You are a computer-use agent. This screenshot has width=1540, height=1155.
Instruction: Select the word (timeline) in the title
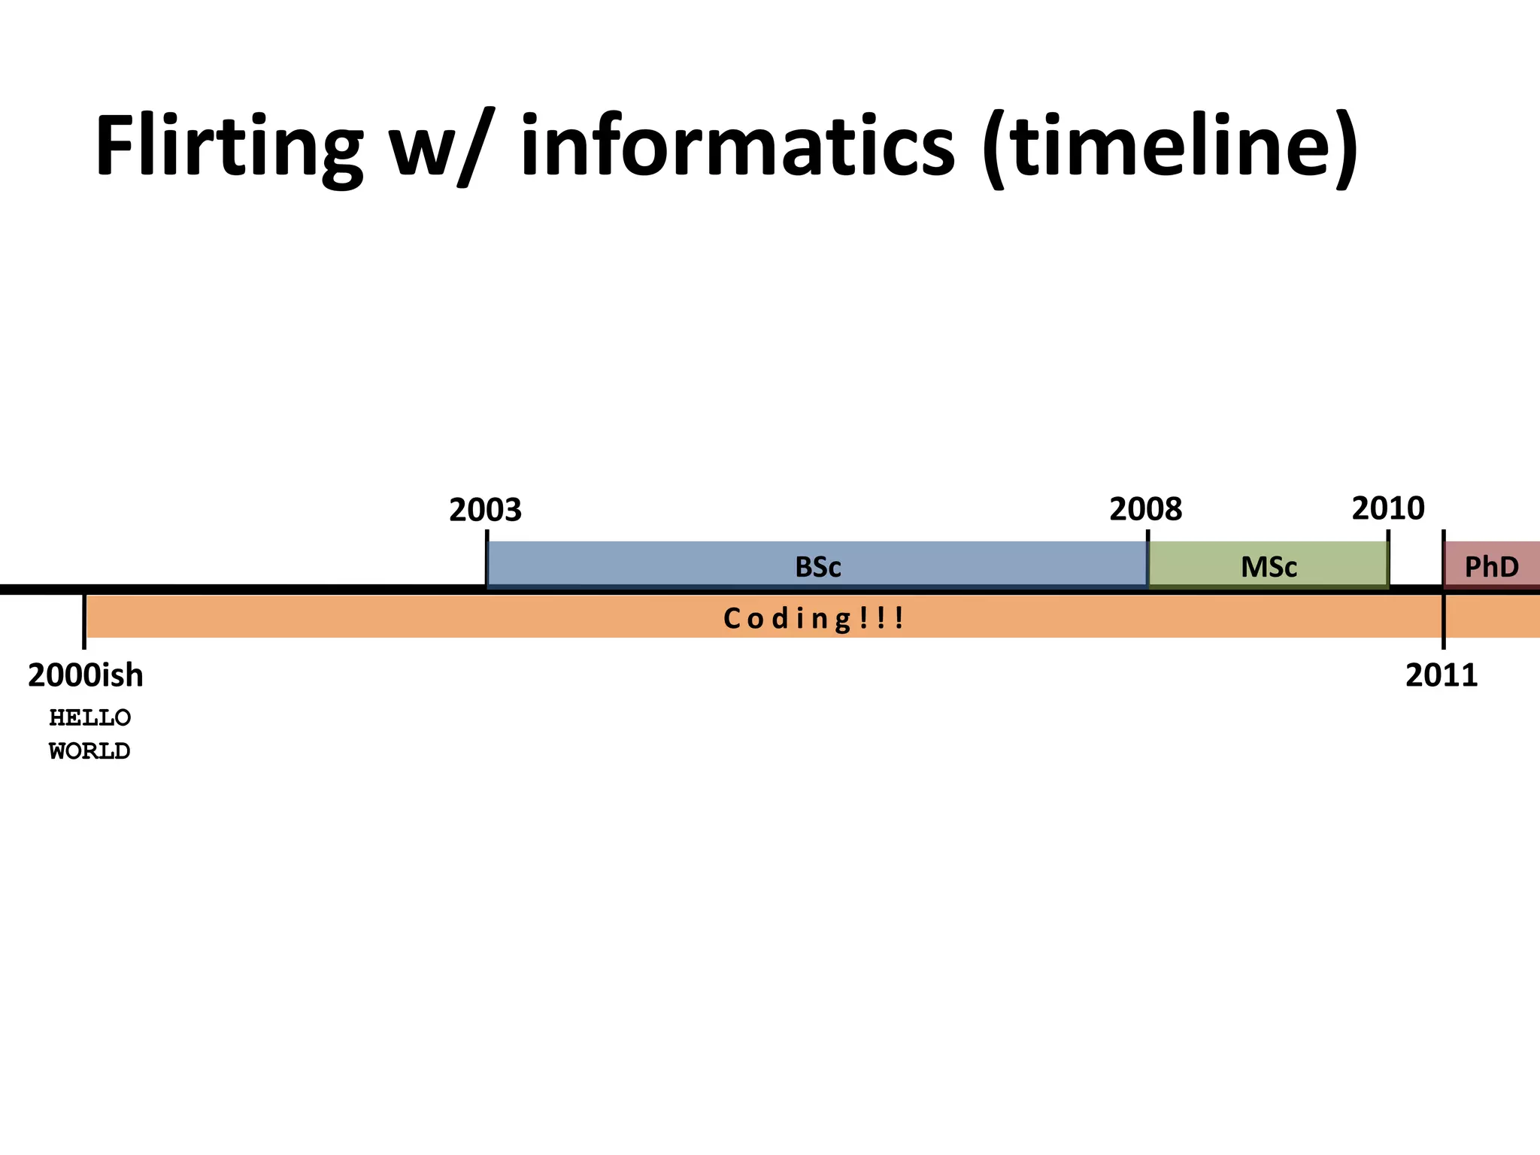click(1169, 147)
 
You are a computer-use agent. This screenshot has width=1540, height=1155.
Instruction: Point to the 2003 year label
click(485, 511)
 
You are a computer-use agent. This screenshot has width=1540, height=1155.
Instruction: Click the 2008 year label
click(1145, 511)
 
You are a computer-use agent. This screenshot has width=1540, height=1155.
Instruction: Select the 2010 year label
click(1387, 509)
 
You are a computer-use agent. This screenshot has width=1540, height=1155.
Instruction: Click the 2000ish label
click(85, 676)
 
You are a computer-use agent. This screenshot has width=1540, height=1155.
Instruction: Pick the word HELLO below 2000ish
click(89, 718)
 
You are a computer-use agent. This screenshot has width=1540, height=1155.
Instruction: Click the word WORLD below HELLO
click(89, 751)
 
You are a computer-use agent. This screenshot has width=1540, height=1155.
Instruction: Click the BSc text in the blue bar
click(817, 566)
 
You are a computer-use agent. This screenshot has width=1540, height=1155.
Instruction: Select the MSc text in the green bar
click(1269, 566)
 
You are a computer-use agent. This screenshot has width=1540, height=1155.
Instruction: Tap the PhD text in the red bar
click(1492, 566)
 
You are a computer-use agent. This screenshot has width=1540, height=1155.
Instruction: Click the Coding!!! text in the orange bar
click(812, 619)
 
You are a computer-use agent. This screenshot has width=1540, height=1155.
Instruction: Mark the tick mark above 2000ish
click(83, 620)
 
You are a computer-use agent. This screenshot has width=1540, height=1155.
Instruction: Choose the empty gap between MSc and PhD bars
click(1415, 564)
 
